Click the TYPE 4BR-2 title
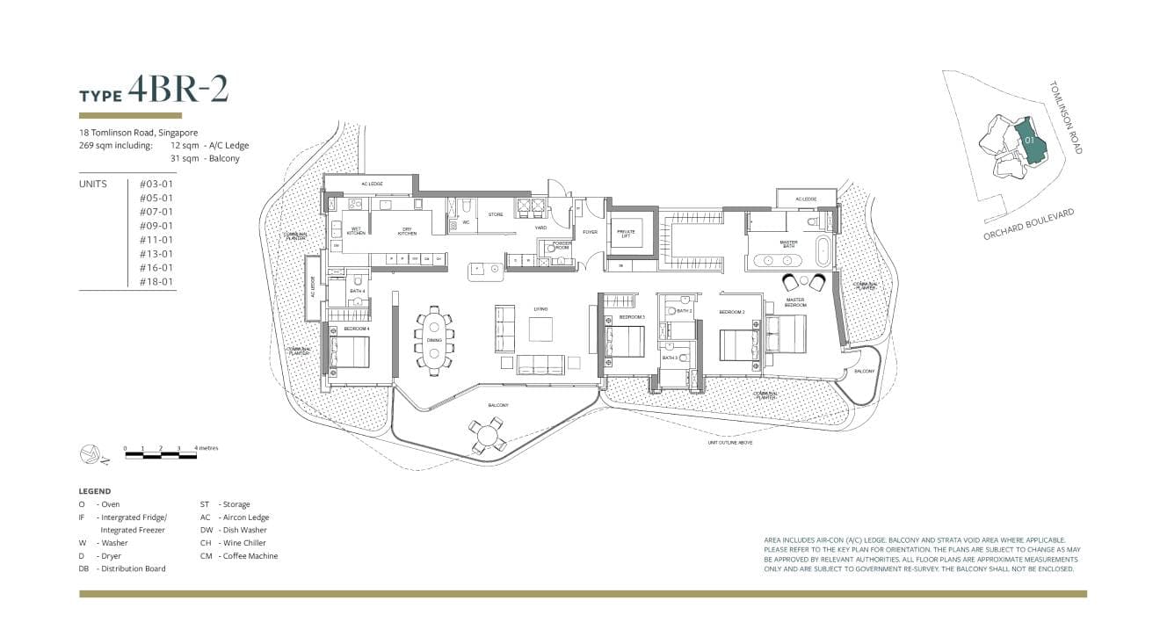point(155,90)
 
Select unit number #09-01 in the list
point(156,226)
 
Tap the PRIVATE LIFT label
point(626,233)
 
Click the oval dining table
point(434,341)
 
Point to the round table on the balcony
point(487,435)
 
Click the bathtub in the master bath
point(823,250)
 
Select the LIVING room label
point(540,308)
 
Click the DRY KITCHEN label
point(407,233)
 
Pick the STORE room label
point(496,214)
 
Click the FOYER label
point(590,233)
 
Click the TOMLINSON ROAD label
point(1065,118)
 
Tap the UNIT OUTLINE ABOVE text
point(730,443)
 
